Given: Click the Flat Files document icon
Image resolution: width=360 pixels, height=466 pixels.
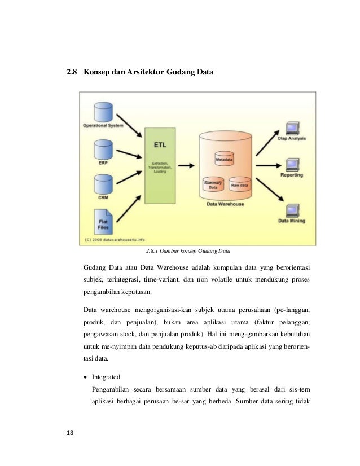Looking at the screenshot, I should coord(104,216).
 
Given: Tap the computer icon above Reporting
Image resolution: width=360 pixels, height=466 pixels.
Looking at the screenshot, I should coord(292,165).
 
